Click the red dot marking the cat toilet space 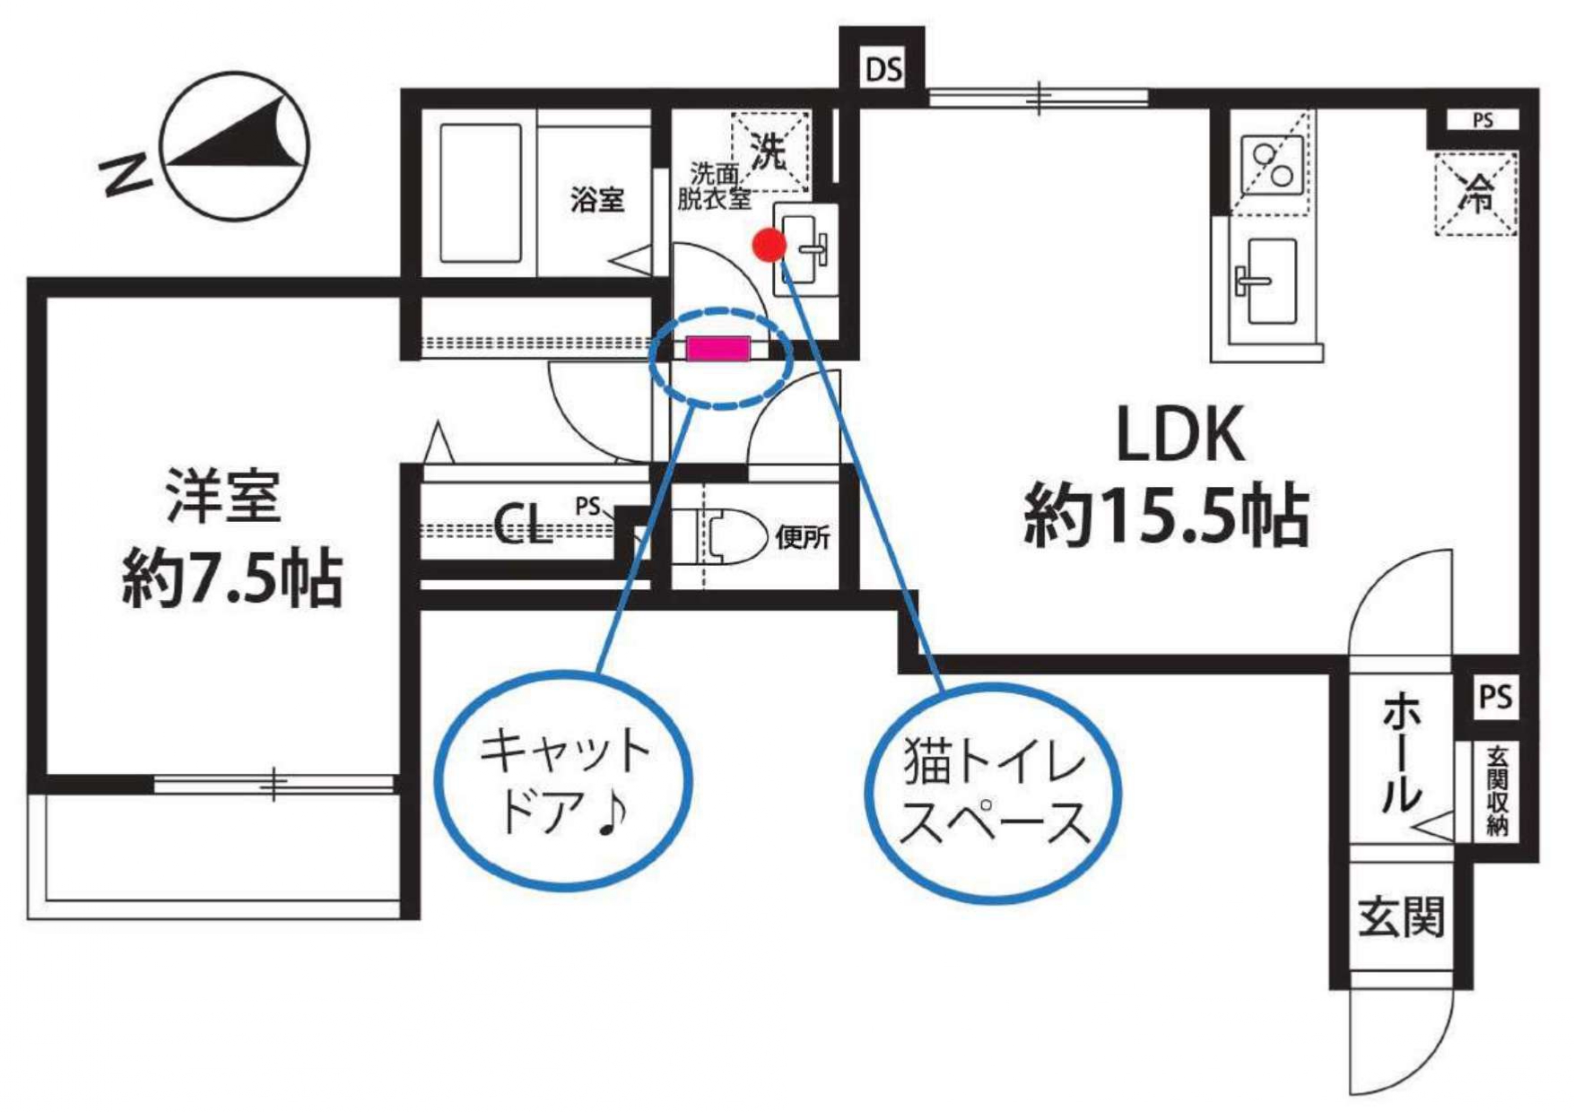click(769, 245)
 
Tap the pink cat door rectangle click(717, 348)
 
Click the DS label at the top click(883, 69)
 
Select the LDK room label click(1180, 435)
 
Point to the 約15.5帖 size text click(1166, 516)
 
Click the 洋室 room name click(223, 496)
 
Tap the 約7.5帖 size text click(232, 578)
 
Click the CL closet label click(522, 525)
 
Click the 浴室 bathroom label click(597, 199)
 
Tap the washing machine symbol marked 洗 click(770, 151)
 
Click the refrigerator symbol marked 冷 click(1475, 193)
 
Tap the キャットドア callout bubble click(563, 780)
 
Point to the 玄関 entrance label click(1400, 917)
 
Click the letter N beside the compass click(126, 173)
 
